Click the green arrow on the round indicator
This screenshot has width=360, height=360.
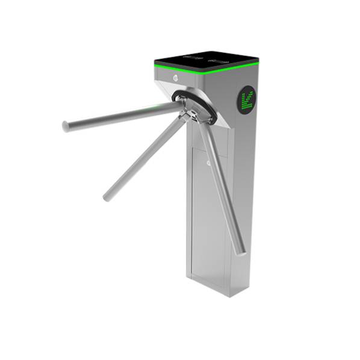click(247, 100)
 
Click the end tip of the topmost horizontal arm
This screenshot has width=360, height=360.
click(66, 126)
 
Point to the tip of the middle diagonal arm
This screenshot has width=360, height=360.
click(107, 196)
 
